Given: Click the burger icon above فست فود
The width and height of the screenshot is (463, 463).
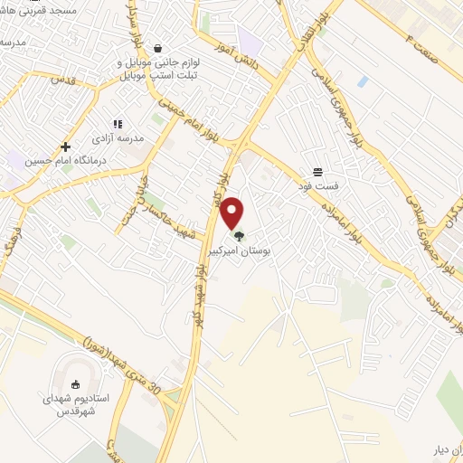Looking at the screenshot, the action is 317,172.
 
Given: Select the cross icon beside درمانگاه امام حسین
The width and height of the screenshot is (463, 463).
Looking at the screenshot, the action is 65,146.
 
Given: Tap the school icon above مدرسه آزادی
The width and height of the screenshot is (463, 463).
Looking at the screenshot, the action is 118,124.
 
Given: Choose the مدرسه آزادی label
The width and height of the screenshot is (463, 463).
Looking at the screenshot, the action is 118,139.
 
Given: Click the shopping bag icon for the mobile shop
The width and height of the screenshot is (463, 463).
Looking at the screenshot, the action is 158,49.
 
